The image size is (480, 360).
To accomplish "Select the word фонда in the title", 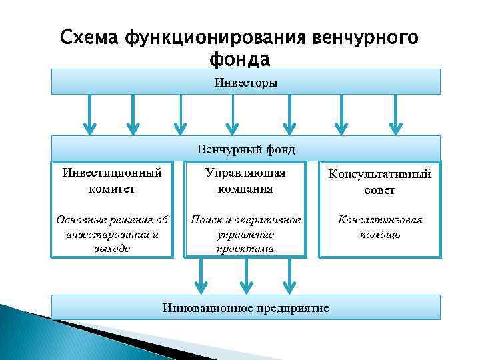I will pos(239,59).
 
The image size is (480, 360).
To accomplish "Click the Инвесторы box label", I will pos(246,83).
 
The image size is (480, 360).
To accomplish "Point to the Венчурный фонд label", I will pos(246,149).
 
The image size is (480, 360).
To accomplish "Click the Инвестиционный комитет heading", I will pos(111,181).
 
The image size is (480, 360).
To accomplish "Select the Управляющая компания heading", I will pos(245,181).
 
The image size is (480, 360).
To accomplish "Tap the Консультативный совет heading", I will pos(379,182).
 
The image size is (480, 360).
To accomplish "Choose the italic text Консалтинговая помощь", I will pos(379,227).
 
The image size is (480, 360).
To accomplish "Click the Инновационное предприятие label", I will pos(246,307).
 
